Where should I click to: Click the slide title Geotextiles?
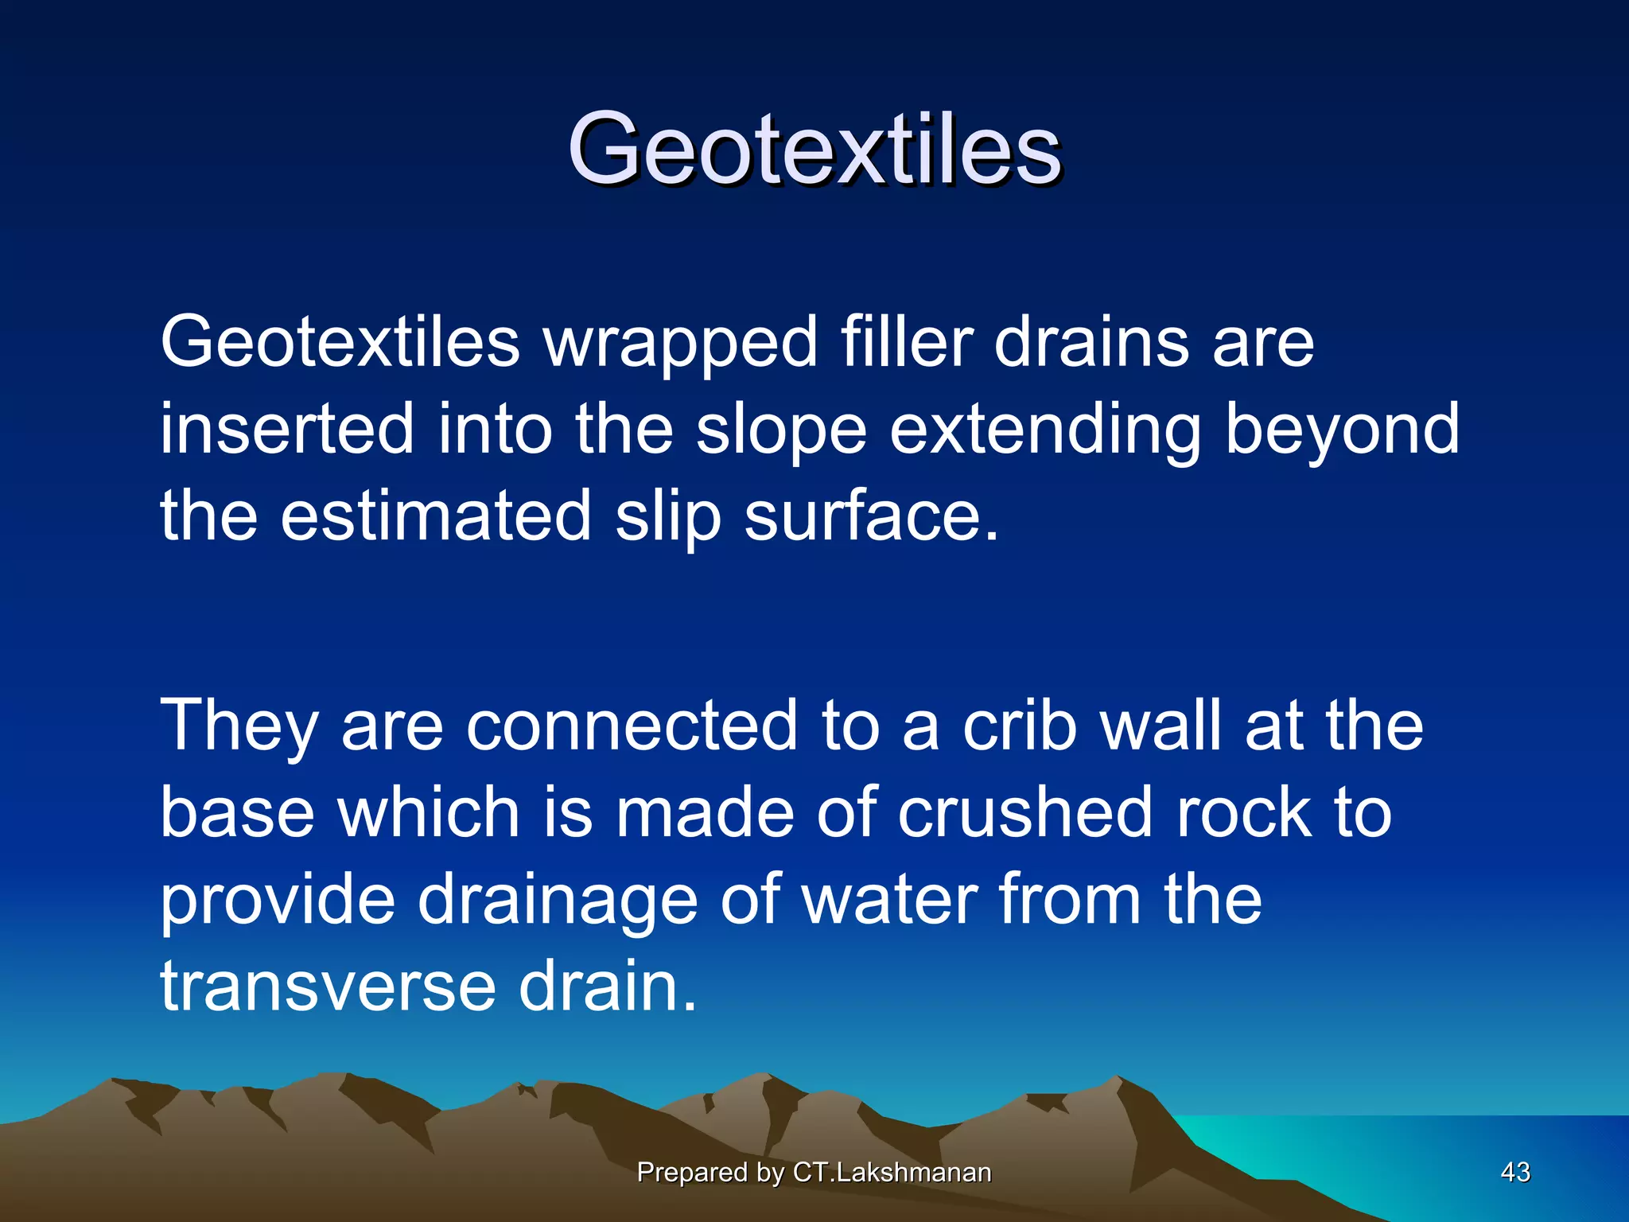pos(814,150)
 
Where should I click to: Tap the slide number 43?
pos(1514,1172)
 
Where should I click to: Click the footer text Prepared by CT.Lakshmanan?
pos(814,1172)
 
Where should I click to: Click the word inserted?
pos(287,430)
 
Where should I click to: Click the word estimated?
pos(436,517)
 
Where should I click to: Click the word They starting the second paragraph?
pos(239,726)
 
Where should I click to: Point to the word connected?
pos(632,726)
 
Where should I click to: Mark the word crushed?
pos(1024,812)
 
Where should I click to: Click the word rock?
pos(1243,812)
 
